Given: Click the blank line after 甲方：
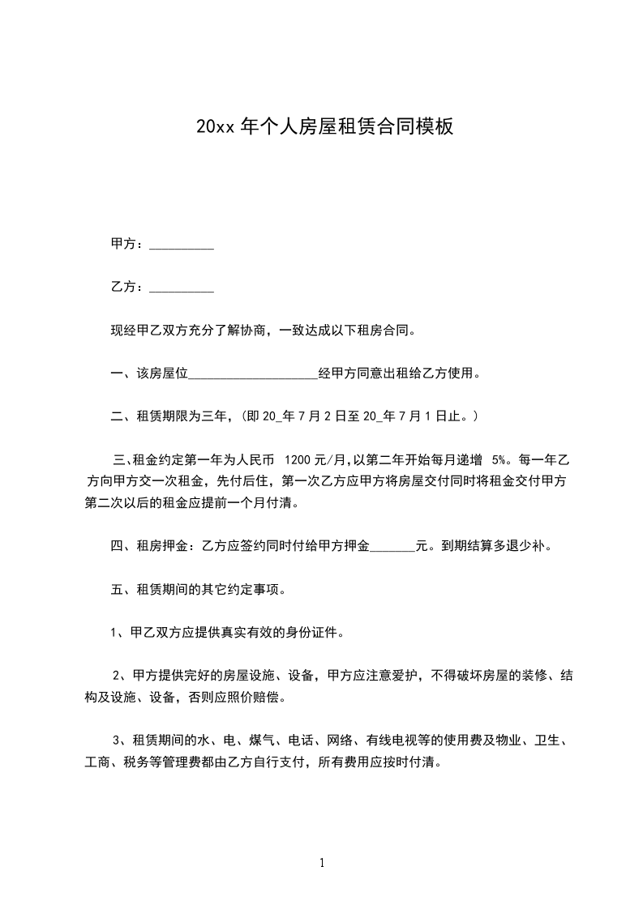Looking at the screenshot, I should [x=182, y=247].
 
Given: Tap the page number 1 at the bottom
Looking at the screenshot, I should [x=322, y=863].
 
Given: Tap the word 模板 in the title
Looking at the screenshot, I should [x=433, y=127].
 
